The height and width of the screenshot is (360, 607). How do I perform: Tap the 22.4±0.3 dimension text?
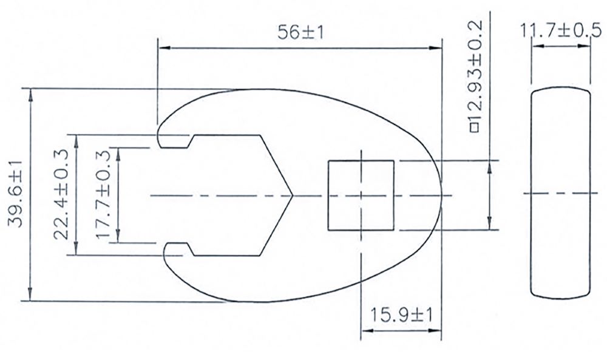click(61, 195)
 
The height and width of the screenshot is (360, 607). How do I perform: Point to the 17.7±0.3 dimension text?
click(103, 195)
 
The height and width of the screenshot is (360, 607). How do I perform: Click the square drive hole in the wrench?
click(361, 195)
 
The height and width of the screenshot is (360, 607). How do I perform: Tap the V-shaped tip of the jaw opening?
click(291, 195)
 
